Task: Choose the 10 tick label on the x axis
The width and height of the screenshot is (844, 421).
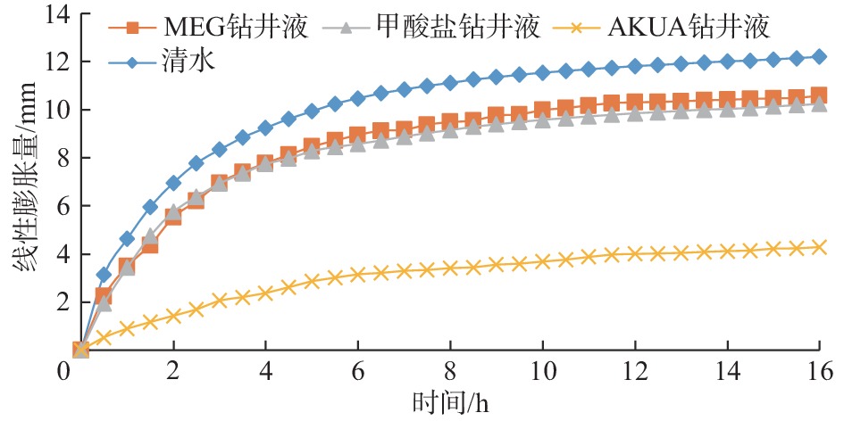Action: [542, 369]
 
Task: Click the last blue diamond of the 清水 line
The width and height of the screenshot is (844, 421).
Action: [820, 56]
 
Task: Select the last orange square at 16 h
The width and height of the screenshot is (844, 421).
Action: [820, 95]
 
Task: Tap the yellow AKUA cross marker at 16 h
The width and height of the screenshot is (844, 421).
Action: [820, 247]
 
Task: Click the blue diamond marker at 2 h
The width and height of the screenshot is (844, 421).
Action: [173, 183]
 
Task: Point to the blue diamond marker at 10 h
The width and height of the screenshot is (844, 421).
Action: [542, 72]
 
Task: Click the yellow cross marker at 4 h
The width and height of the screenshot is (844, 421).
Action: [265, 293]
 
